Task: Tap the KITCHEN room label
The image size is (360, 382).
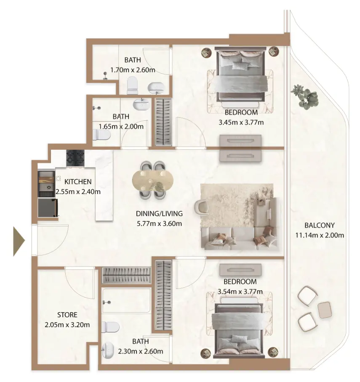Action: pos(78,182)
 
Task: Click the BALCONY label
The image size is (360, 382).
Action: pos(320,225)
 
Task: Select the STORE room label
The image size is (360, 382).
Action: pos(67,314)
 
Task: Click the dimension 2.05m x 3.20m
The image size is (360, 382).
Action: pos(67,324)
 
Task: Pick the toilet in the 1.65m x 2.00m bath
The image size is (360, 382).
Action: pos(101,135)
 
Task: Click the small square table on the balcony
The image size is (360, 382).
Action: pos(325,310)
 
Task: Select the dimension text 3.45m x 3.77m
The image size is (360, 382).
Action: pos(241,122)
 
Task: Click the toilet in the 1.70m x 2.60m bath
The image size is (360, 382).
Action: pos(132,85)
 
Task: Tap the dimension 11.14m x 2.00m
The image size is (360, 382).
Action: pos(320,235)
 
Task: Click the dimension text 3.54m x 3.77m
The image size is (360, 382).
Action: pos(240,292)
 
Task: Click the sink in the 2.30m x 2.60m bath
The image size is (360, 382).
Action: pos(107,349)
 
